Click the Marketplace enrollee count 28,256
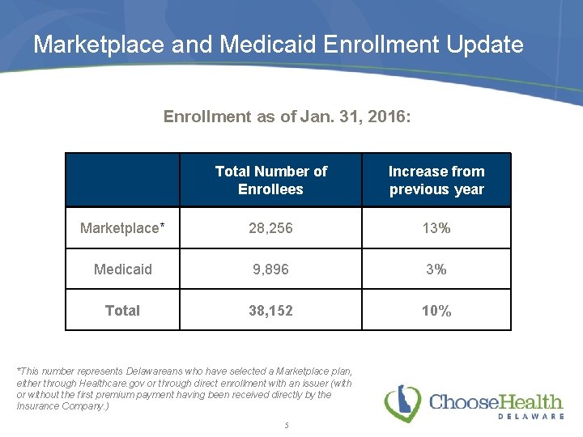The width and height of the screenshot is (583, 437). pyautogui.click(x=270, y=228)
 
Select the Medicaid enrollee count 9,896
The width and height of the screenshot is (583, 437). pyautogui.click(x=270, y=269)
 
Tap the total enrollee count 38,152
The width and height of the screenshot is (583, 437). pyautogui.click(x=270, y=311)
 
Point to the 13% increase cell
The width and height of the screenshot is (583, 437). pyautogui.click(x=436, y=228)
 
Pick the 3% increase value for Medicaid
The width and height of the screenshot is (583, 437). pyautogui.click(x=436, y=269)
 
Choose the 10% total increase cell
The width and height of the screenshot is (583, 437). pyautogui.click(x=436, y=311)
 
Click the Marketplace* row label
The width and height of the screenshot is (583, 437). pyautogui.click(x=122, y=228)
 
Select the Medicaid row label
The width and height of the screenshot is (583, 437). pyautogui.click(x=122, y=269)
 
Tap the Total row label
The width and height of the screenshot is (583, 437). pyautogui.click(x=122, y=311)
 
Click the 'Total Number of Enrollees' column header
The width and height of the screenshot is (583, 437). pyautogui.click(x=270, y=180)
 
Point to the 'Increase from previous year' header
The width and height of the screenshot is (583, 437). pyautogui.click(x=436, y=180)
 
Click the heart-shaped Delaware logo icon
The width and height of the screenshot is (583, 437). pyautogui.click(x=402, y=403)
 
